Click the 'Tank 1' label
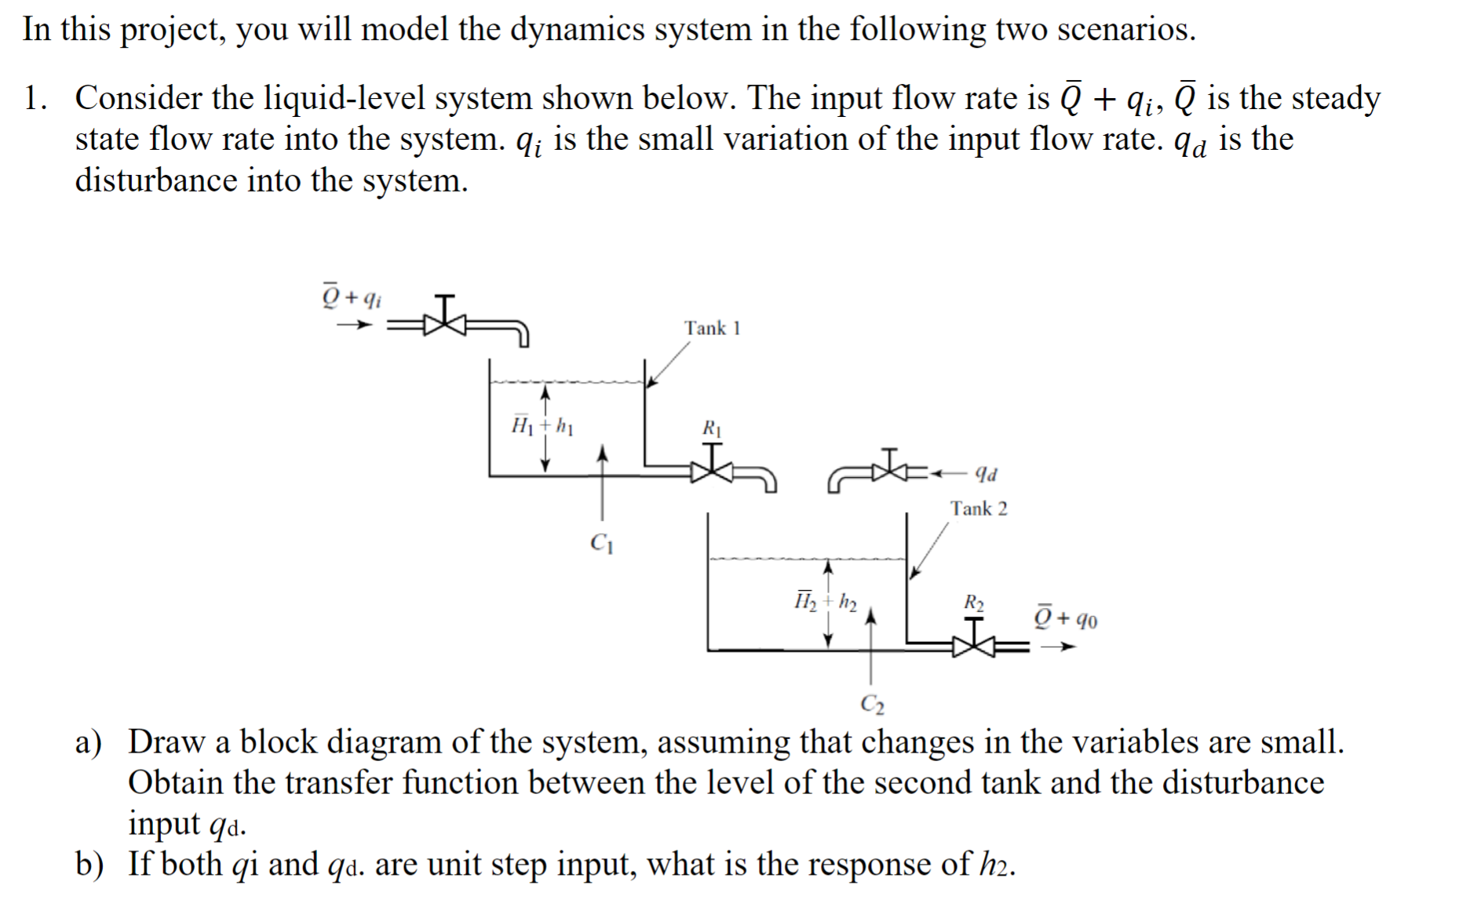tap(712, 328)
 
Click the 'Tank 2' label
tap(979, 508)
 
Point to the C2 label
tap(872, 703)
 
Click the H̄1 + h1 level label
tap(542, 427)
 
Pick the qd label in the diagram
tap(986, 474)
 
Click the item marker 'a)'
tap(88, 742)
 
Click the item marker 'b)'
tap(89, 865)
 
